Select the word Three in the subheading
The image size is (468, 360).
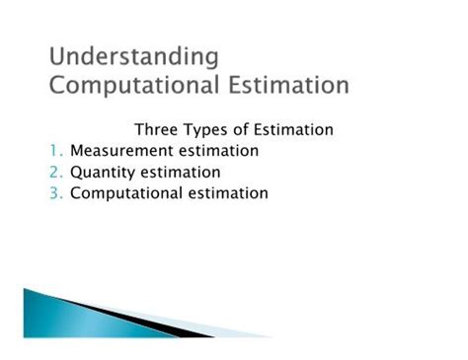155,129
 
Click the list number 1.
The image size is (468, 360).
55,151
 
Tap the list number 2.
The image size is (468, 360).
55,173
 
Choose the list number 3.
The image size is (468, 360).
55,193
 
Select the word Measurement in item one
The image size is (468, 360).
122,151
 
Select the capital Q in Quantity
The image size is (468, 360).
76,173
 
